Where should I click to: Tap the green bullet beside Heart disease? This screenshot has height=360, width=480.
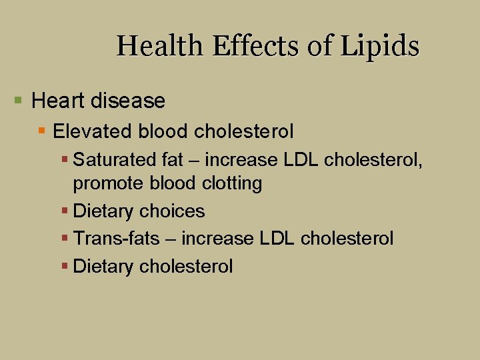point(18,101)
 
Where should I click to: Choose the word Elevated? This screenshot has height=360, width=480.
point(85,131)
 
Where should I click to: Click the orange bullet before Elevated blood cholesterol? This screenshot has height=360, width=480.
point(42,131)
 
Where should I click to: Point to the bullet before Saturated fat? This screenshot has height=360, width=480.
point(65,161)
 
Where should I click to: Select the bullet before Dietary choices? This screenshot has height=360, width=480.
point(65,211)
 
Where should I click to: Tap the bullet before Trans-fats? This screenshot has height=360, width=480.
point(65,238)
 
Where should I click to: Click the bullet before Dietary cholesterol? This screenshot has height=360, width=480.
point(65,267)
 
